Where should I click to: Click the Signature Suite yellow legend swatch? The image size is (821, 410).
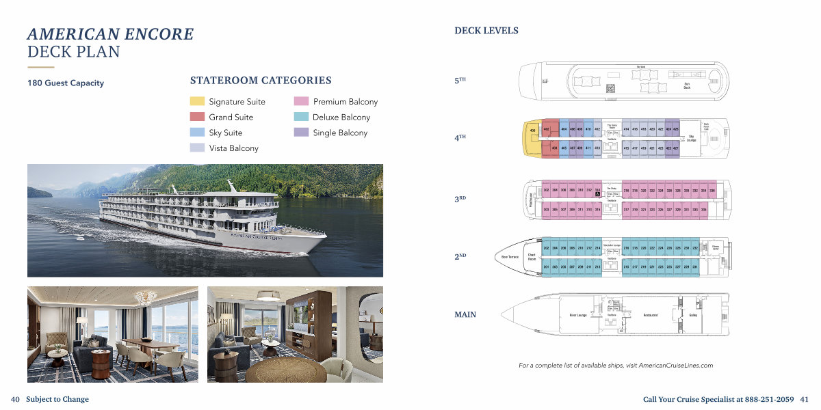click(197, 102)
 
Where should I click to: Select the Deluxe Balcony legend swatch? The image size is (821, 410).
click(301, 117)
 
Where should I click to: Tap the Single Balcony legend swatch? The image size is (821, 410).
click(301, 133)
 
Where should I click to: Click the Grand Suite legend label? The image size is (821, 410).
click(231, 118)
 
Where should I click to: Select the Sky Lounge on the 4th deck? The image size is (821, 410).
click(692, 137)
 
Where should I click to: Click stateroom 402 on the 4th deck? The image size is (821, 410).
click(546, 129)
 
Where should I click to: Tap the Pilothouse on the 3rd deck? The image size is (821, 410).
click(531, 199)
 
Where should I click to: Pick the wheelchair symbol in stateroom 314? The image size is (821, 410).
click(597, 195)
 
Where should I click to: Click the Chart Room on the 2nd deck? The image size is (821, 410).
click(532, 257)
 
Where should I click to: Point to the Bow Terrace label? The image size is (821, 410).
click(510, 257)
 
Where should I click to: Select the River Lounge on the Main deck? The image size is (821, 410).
click(579, 315)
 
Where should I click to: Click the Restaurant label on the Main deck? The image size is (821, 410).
click(651, 315)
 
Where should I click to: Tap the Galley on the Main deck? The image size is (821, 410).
click(693, 315)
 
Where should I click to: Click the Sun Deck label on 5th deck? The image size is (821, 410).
click(687, 86)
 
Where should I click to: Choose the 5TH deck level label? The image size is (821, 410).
click(460, 81)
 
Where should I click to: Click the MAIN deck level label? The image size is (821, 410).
click(465, 315)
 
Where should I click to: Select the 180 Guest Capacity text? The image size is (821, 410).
click(66, 83)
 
